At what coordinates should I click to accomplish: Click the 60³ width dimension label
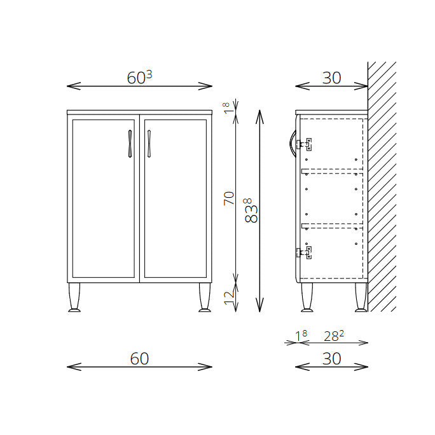coord(139,78)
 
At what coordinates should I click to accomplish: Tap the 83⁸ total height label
coord(251,211)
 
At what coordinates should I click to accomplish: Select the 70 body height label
coord(229,198)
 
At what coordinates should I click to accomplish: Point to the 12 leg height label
coord(230,298)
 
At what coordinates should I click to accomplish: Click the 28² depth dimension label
coord(334,336)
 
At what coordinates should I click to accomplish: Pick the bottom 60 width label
coord(139,359)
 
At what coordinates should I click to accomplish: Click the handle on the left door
coord(130,144)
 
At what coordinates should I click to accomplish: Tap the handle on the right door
coord(149,144)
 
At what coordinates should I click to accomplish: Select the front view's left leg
coord(74,298)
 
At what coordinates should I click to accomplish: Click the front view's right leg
coord(205,298)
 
